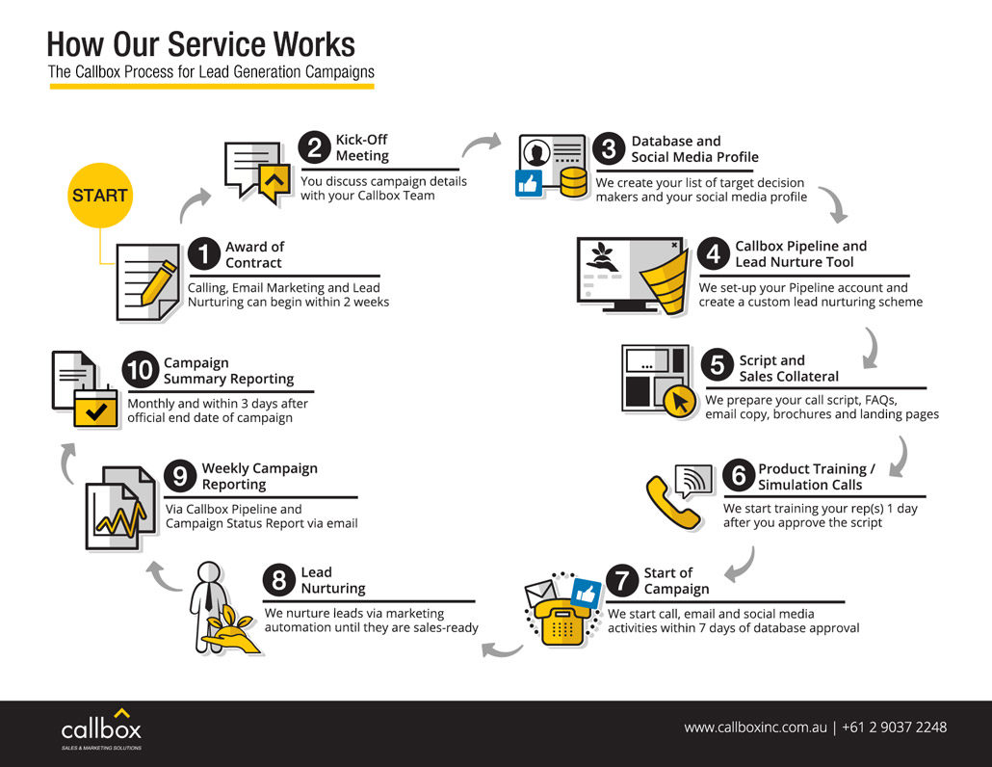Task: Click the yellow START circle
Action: [x=99, y=195]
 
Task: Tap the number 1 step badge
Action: [x=204, y=254]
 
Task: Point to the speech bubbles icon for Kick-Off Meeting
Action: [x=256, y=172]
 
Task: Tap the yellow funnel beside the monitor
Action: [x=666, y=274]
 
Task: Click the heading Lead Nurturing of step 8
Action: [x=333, y=580]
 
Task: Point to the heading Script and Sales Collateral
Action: [x=789, y=368]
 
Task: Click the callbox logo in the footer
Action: [x=101, y=727]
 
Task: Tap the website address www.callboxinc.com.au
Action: [x=755, y=727]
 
